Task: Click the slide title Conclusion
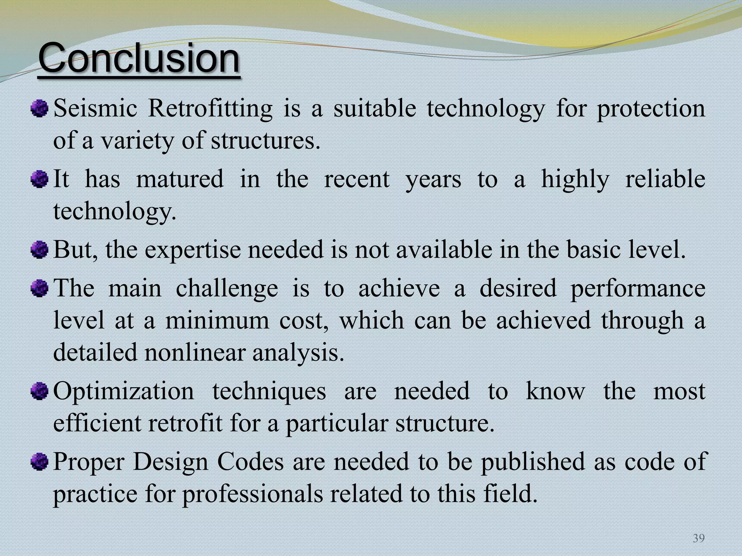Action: pos(139,58)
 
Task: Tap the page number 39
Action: pos(699,538)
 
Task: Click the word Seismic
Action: pos(95,108)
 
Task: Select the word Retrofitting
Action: pos(210,108)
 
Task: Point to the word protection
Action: pos(651,108)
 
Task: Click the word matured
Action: pos(180,179)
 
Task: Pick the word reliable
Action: pos(665,179)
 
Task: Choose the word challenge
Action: pos(227,288)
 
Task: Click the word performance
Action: pos(638,288)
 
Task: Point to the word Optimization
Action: pos(124,391)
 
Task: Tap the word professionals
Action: pos(252,494)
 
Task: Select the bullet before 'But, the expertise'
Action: pos(39,250)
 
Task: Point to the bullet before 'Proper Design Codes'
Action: pos(39,462)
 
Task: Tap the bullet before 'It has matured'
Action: pos(39,179)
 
